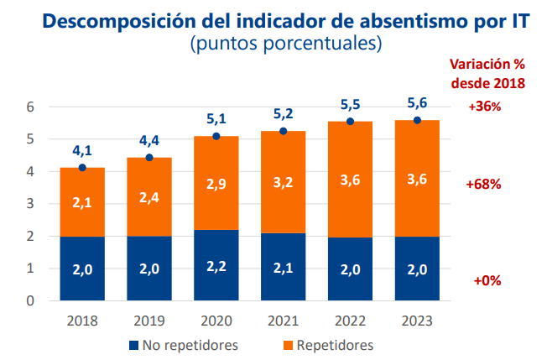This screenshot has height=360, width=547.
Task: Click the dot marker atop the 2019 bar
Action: point(149,158)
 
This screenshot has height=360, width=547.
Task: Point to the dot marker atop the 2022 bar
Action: point(351,122)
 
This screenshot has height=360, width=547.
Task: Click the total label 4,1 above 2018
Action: point(82,151)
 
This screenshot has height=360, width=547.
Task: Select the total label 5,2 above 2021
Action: point(284,114)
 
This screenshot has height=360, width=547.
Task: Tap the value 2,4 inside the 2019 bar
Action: point(149,197)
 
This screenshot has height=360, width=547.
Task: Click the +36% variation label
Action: point(485,107)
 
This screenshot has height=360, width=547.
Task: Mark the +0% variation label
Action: point(487,281)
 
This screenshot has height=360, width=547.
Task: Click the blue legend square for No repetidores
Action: point(133,345)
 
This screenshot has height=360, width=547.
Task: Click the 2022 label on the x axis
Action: point(351,321)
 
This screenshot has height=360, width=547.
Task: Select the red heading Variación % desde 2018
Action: point(487,73)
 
